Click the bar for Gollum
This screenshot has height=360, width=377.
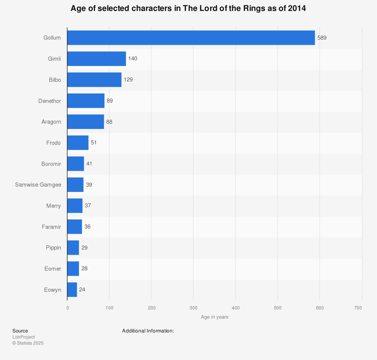tap(191, 38)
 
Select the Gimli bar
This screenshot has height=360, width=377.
tap(97, 59)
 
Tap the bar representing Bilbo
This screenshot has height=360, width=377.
tap(94, 80)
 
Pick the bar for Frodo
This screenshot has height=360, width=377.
tap(78, 143)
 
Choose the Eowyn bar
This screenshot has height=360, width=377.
tap(72, 290)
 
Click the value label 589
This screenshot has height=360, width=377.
tap(322, 38)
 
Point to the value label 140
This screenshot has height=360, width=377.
tap(133, 59)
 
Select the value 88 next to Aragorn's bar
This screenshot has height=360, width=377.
tap(109, 122)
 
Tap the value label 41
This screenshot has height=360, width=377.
tap(89, 164)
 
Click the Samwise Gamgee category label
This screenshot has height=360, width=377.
tap(38, 185)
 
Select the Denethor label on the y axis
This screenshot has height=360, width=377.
tap(50, 101)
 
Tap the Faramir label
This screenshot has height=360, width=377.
tap(51, 227)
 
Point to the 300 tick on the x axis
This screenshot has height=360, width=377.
tap(193, 308)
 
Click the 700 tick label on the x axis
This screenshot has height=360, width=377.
tap(358, 308)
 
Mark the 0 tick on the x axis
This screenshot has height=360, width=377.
tap(67, 308)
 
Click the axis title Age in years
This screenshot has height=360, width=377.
tap(215, 317)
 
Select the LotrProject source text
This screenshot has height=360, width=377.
tap(23, 337)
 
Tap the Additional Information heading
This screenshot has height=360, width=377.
tap(148, 331)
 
